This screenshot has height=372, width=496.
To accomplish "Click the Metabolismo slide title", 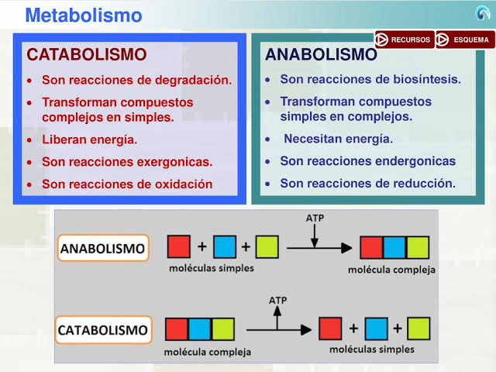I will pyautogui.click(x=83, y=15).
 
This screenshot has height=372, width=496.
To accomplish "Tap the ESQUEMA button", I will pyautogui.click(x=465, y=40).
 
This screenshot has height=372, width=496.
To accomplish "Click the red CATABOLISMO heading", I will pyautogui.click(x=86, y=55).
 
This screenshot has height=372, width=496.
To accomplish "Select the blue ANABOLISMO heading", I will pyautogui.click(x=321, y=55).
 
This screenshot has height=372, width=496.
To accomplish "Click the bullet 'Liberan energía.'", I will pyautogui.click(x=89, y=140).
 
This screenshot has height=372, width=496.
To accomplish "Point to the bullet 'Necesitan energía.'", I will pyautogui.click(x=338, y=139).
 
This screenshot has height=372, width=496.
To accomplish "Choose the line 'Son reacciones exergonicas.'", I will pyautogui.click(x=127, y=163).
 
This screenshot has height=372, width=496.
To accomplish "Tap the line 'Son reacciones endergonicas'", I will pyautogui.click(x=367, y=162).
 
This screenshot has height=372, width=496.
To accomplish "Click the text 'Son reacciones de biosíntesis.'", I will pyautogui.click(x=370, y=80).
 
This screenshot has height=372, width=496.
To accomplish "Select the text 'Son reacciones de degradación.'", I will pyautogui.click(x=136, y=80).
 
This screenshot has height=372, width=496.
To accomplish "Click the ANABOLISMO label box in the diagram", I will pyautogui.click(x=103, y=249).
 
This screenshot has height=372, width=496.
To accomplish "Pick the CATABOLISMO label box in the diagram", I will pyautogui.click(x=103, y=330).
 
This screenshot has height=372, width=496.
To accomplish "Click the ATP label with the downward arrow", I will pyautogui.click(x=315, y=219).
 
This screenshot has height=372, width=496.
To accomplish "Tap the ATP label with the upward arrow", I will pyautogui.click(x=277, y=299).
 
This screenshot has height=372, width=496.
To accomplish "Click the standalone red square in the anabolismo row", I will pyautogui.click(x=179, y=247).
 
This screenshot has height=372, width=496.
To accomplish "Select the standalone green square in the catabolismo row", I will pyautogui.click(x=418, y=328).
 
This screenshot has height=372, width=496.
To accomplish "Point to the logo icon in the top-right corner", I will pyautogui.click(x=482, y=13).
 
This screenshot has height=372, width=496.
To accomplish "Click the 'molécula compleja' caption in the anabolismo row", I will pyautogui.click(x=391, y=270).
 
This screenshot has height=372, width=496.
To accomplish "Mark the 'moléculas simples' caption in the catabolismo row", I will pyautogui.click(x=371, y=350).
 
